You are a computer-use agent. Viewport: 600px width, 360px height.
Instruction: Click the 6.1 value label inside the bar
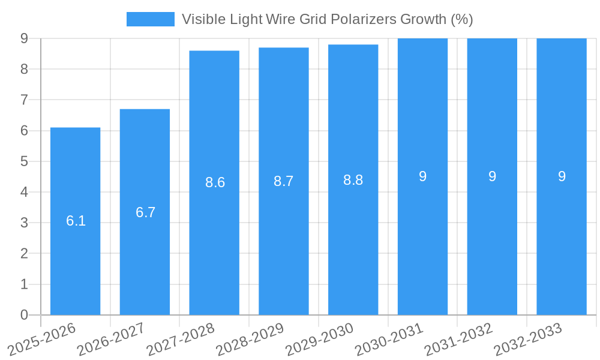click(76, 221)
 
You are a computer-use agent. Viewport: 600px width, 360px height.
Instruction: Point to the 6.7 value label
click(145, 212)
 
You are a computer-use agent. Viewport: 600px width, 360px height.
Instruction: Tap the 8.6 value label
click(215, 182)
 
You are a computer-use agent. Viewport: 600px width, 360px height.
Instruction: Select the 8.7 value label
click(283, 181)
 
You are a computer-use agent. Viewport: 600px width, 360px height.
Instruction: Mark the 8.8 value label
click(353, 180)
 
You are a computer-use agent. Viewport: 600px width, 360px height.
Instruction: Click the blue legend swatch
click(150, 19)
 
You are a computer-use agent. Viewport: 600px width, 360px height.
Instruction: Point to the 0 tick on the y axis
click(24, 315)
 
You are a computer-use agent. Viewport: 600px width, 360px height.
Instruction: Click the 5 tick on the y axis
click(24, 161)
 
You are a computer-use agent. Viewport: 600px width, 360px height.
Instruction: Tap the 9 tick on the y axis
click(24, 38)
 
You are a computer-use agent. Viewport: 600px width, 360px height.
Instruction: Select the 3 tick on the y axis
click(24, 223)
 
